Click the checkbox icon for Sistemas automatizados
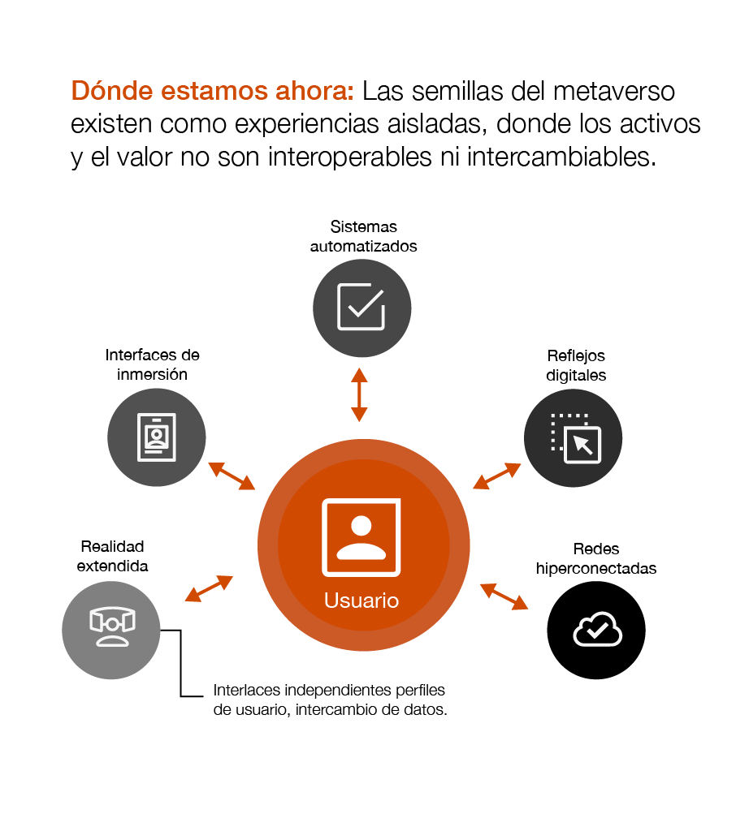pos(362,307)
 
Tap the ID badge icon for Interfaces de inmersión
pos(156,437)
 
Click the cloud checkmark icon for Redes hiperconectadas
pos(596,630)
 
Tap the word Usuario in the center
pos(362,601)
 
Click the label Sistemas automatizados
pos(363,236)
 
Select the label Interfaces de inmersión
pos(153,365)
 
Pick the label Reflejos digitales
pos(576,365)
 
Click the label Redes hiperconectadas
pos(596,558)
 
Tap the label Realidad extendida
pos(112,556)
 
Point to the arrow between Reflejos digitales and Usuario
pos(496,476)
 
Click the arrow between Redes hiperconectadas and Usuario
pos(504,596)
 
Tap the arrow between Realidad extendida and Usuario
pos(209,588)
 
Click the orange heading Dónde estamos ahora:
pos(213,90)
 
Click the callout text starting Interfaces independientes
pos(331,700)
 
